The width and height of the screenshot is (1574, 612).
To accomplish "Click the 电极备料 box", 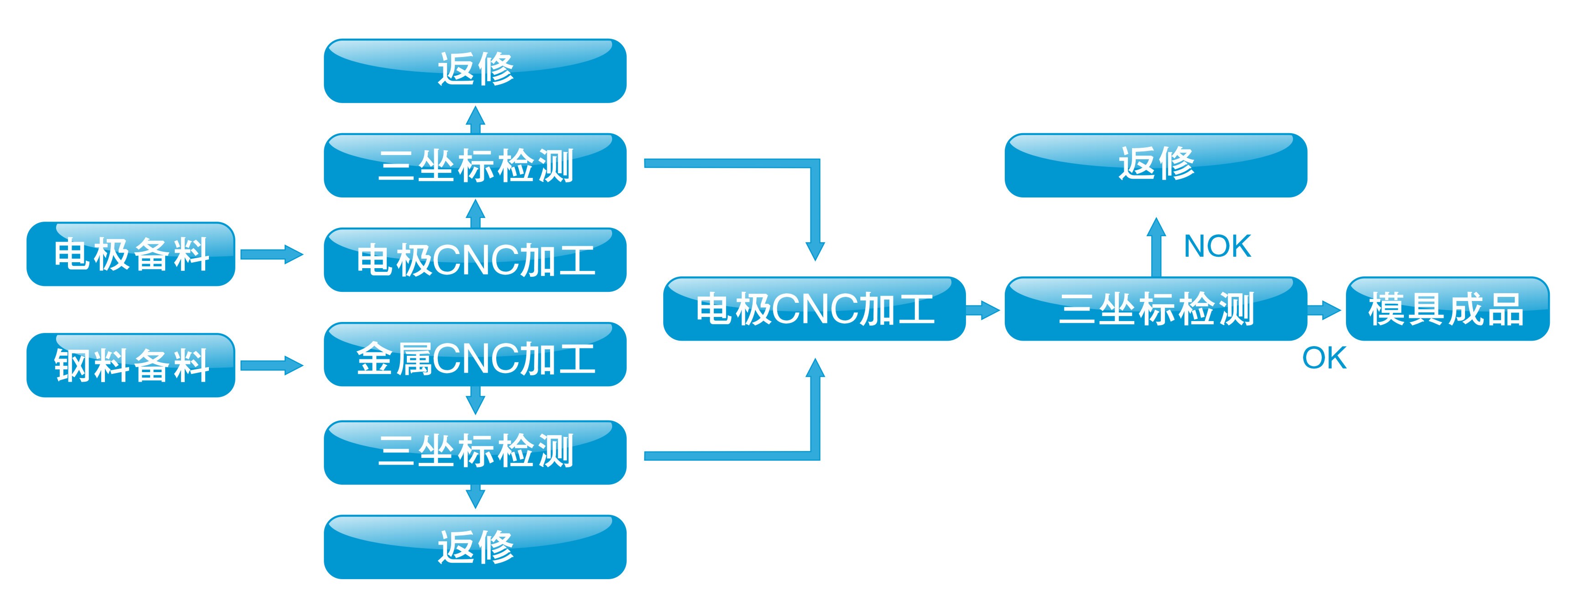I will point(131,254).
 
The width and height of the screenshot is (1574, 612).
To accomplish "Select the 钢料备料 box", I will point(131,365).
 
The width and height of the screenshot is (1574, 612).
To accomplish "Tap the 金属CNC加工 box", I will point(475,355).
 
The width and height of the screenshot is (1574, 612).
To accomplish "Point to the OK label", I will point(1324,358).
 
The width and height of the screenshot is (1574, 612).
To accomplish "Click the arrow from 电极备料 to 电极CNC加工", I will point(271,254).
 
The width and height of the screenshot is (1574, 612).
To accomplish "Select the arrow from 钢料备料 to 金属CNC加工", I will point(271,365).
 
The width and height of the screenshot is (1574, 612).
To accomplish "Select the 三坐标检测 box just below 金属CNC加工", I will point(475,452).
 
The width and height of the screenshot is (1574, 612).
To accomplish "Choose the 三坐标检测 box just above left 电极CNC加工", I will point(475,166).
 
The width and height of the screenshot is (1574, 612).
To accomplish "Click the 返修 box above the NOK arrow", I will point(1155,166).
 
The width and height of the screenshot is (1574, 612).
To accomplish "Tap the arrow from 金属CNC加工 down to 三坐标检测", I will point(475,401).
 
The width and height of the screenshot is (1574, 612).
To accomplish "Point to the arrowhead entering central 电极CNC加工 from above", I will point(815,250).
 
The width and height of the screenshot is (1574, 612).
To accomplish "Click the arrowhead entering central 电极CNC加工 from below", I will point(815,369).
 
